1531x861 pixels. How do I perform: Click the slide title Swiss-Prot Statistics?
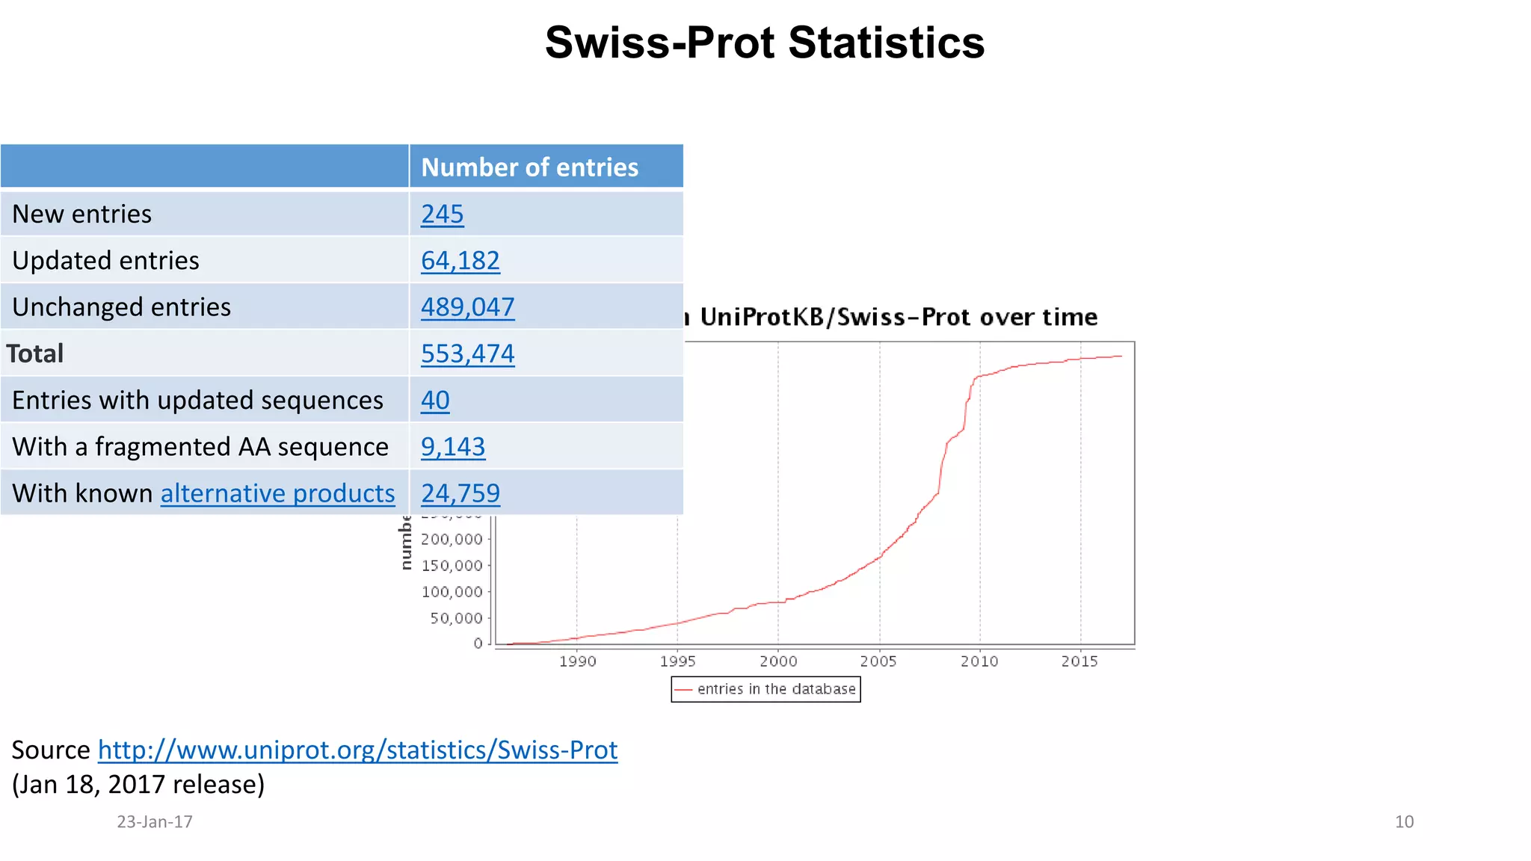coord(764,43)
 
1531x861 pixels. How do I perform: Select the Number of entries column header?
coord(529,167)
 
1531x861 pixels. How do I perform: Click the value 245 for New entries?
coord(442,215)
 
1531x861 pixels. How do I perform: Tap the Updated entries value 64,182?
coord(460,261)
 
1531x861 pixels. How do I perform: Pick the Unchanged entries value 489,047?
coord(467,307)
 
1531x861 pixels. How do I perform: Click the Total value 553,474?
coord(467,354)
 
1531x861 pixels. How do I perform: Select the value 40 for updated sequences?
coord(435,401)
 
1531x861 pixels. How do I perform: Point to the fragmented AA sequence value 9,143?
coord(452,447)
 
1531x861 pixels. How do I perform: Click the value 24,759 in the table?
coord(460,493)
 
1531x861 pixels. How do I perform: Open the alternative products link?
coord(277,493)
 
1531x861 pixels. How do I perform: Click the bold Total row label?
coord(35,354)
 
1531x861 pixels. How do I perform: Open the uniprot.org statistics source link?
coord(357,750)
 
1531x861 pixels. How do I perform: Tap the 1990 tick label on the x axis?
coord(577,661)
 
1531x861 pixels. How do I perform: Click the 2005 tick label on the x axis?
coord(878,661)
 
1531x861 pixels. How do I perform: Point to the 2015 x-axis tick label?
coord(1079,661)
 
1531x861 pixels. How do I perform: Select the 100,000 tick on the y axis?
coord(452,592)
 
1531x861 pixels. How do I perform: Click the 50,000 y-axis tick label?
coord(456,618)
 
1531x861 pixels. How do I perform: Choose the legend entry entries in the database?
coord(775,689)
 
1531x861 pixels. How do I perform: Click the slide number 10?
coord(1404,822)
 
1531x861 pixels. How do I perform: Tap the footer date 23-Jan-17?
coord(155,822)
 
